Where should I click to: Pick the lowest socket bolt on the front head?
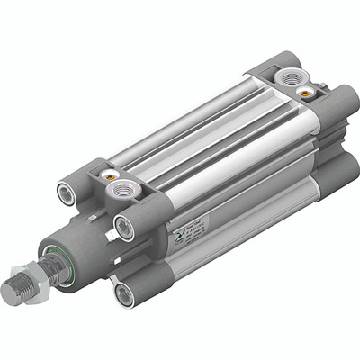(x=120, y=290)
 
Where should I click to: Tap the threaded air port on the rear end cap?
(x=291, y=80)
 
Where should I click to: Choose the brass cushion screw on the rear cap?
(x=308, y=92)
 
